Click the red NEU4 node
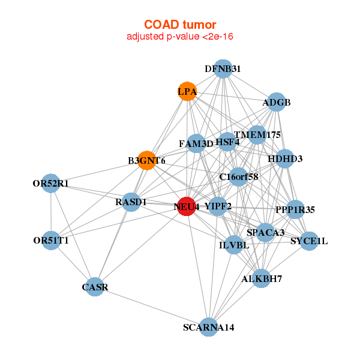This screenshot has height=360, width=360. (x=187, y=206)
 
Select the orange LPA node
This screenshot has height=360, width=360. (x=187, y=91)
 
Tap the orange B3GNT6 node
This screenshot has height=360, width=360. (x=147, y=161)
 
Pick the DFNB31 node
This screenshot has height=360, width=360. (x=223, y=69)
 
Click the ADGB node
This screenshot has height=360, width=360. (x=276, y=103)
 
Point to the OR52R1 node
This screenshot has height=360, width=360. (x=50, y=183)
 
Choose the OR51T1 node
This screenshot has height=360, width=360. (x=51, y=241)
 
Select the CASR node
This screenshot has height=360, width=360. (x=95, y=287)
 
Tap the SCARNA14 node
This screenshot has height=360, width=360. (x=208, y=327)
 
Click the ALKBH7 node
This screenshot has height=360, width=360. (x=261, y=278)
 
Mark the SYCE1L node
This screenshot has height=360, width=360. (x=309, y=241)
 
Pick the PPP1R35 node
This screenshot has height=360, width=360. (x=295, y=209)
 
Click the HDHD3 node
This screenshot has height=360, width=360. (x=285, y=159)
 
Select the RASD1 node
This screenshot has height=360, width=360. (x=131, y=202)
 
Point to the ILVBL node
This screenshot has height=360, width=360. (x=233, y=245)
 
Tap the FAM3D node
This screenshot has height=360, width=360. (x=196, y=143)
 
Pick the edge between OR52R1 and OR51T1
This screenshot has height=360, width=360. (x=51, y=212)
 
